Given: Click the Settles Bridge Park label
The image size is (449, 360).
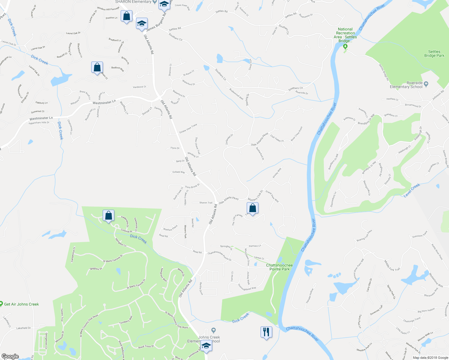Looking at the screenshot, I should point(434,54).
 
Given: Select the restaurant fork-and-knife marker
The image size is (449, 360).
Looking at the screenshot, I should point(266,332).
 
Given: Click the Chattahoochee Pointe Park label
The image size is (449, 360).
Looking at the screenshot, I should point(279,267).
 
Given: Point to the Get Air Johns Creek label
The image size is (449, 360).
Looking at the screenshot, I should point(21,304).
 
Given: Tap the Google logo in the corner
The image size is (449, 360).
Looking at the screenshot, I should point(10,356).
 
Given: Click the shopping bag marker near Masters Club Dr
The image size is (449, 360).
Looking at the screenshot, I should point(253,208).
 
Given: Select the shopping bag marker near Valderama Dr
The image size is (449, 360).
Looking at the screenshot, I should point(108,215).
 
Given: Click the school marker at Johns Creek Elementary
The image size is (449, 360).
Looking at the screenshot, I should point(206,346).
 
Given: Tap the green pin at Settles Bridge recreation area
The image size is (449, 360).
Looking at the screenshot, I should point(345,46).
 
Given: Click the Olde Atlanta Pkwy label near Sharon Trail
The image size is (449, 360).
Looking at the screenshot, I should point(229,200).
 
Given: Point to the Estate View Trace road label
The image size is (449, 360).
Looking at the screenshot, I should point(188,129).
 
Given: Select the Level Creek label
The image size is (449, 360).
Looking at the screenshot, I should point(412,190).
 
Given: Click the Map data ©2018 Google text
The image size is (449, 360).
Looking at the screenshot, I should point(430,357).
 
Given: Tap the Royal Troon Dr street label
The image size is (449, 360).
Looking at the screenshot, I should point(146,346).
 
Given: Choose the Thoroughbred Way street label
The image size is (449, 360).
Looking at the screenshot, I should point(247,287).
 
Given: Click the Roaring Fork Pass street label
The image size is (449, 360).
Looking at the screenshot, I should point(364,235).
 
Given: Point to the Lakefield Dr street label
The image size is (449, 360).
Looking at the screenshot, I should point(23,328).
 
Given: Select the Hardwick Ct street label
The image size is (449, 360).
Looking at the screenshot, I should point(139,87).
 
